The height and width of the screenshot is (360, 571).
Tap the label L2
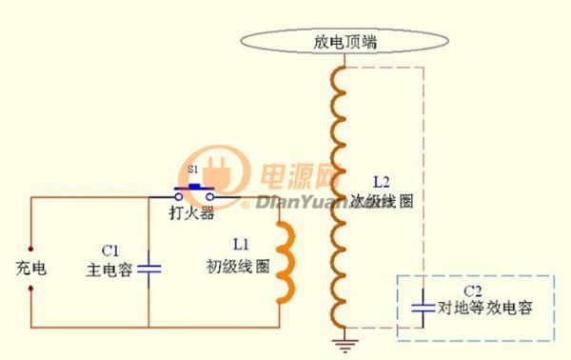point(382,181)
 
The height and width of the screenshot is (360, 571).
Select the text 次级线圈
point(386,202)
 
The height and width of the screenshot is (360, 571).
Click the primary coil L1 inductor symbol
point(284,262)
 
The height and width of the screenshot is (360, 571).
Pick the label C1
point(110,250)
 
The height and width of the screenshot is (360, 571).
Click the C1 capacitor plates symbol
point(149,268)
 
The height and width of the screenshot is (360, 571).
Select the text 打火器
point(193,213)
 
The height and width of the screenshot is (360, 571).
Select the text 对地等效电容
point(484,308)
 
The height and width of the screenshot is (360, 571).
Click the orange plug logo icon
point(213,173)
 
